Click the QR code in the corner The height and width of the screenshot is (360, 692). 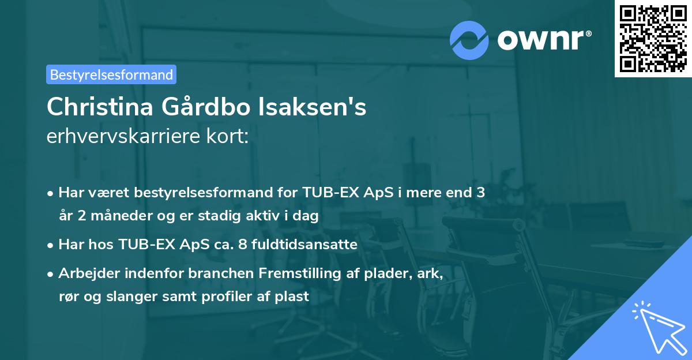coord(653,38)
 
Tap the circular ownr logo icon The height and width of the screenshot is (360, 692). coord(469,40)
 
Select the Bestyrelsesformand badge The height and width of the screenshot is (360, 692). coord(111,74)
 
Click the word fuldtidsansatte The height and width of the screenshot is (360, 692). coord(311,245)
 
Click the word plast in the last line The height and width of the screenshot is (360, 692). coord(295,297)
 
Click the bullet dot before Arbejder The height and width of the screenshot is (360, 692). coord(51,274)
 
